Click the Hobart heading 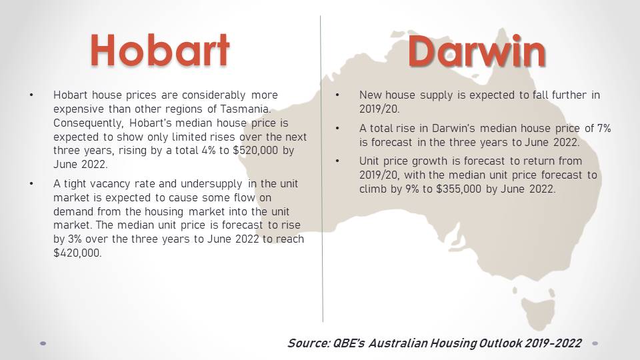click(160, 50)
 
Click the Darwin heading click(477, 51)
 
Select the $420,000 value click(77, 253)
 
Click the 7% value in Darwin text click(604, 128)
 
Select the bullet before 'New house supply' click(337, 95)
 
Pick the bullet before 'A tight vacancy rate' click(31, 184)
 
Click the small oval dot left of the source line click(43, 344)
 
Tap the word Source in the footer click(309, 343)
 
